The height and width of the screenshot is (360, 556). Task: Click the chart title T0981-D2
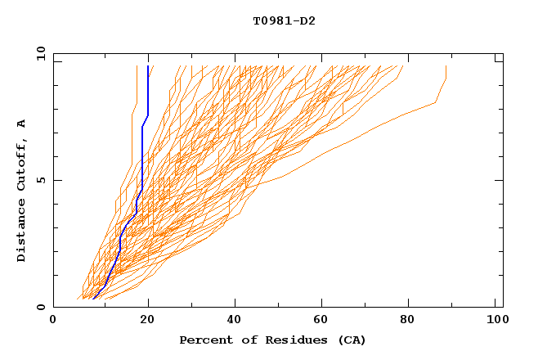click(x=284, y=20)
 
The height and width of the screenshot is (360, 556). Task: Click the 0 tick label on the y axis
click(x=41, y=308)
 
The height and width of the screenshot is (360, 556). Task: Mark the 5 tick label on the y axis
click(x=41, y=180)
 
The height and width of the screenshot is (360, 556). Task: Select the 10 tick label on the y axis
click(x=38, y=53)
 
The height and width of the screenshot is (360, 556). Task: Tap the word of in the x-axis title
click(x=242, y=340)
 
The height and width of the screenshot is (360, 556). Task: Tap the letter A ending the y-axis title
click(x=22, y=124)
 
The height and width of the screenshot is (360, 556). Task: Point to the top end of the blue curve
click(x=148, y=67)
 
